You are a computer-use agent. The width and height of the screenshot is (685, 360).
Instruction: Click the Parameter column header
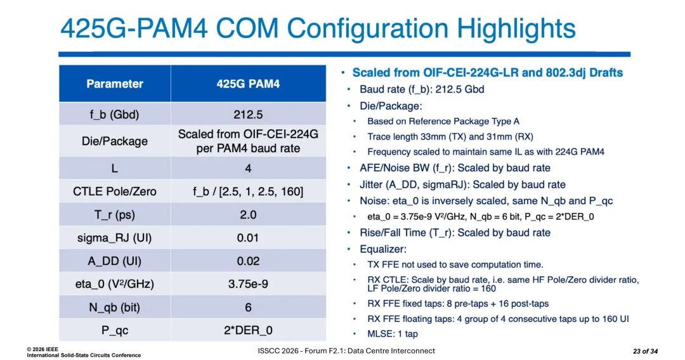(x=114, y=84)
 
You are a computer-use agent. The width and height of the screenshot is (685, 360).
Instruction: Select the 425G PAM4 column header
(x=248, y=84)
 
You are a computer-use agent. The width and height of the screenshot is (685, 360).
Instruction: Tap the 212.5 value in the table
(x=248, y=115)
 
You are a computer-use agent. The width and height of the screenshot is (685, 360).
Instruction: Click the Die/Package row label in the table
(x=114, y=141)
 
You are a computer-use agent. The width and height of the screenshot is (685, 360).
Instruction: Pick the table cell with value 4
(x=248, y=169)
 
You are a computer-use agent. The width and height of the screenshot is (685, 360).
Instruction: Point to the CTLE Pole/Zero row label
(x=114, y=191)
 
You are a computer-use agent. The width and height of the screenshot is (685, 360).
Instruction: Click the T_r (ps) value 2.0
(x=248, y=215)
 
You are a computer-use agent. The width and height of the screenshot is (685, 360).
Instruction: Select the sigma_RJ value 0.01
(x=248, y=238)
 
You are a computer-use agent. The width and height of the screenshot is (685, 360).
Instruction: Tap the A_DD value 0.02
(x=248, y=261)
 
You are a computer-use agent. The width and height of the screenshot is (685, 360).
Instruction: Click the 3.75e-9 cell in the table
(x=248, y=284)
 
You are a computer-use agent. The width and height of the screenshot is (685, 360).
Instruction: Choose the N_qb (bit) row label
(x=114, y=307)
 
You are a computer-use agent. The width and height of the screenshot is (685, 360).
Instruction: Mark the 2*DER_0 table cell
(x=248, y=330)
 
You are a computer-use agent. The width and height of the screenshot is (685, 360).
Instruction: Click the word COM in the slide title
(x=247, y=29)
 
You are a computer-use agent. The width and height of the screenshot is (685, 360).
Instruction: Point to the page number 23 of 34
(x=645, y=351)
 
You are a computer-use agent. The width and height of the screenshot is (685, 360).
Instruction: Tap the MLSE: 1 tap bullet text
(x=393, y=334)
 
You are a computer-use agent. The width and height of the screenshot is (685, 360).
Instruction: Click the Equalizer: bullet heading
(x=383, y=249)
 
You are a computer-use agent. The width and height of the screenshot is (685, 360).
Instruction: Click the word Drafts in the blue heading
(x=606, y=72)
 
